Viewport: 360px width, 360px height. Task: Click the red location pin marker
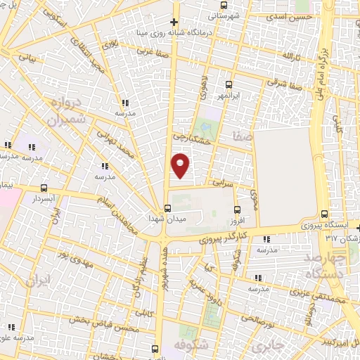[181, 164]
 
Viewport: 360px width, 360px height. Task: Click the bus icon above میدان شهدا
[167, 208]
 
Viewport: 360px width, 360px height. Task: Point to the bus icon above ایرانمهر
[228, 84]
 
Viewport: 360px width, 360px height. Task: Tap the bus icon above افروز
[237, 209]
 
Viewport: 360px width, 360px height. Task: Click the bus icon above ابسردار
[45, 188]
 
